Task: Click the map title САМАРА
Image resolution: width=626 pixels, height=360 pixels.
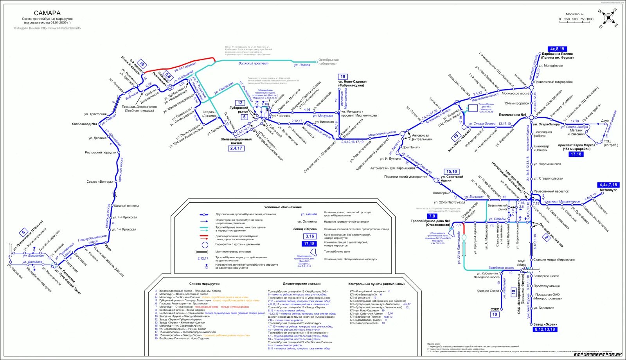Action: tap(47, 13)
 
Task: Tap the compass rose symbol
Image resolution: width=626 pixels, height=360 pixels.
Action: tap(608, 18)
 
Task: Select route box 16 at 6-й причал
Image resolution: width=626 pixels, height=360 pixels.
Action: tap(142, 64)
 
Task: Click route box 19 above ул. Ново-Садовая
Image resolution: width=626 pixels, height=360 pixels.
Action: tap(343, 77)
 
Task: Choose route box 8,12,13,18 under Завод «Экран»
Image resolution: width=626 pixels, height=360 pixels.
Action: tap(545, 329)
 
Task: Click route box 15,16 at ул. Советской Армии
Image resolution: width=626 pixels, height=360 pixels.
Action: tap(452, 171)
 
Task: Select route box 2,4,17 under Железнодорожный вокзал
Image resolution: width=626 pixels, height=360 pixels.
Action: tap(236, 148)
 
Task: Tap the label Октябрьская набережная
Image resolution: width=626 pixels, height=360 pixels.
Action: tap(328, 61)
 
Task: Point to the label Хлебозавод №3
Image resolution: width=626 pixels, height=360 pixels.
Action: tap(84, 124)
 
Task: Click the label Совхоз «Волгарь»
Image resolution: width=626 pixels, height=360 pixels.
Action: tap(100, 182)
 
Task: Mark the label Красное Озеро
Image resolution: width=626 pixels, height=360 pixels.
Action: tap(488, 291)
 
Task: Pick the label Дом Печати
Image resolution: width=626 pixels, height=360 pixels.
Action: tap(411, 148)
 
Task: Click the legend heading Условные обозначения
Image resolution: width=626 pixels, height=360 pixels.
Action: tap(282, 207)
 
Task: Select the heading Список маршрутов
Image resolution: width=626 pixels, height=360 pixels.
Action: tap(204, 284)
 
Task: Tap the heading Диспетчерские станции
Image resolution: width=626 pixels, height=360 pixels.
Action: tap(301, 284)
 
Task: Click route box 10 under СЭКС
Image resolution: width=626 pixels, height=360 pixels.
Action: tap(495, 314)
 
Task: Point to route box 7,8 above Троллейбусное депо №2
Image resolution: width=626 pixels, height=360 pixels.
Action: tap(432, 216)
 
